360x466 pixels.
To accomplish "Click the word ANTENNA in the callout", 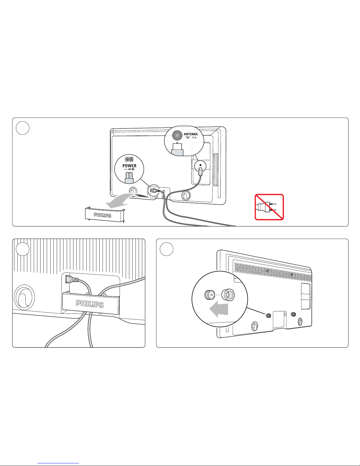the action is click(190, 134).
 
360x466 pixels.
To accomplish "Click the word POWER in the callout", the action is click(129, 166).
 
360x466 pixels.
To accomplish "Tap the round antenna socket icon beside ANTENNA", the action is click(177, 135).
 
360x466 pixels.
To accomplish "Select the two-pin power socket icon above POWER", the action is click(129, 159).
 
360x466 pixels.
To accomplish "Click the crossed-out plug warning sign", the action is click(269, 207).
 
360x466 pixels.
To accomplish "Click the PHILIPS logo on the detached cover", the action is click(103, 215).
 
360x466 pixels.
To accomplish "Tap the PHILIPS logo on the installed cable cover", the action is click(90, 304).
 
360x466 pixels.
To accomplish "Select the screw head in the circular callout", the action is click(210, 295).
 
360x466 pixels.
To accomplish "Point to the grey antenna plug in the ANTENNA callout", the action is click(177, 149).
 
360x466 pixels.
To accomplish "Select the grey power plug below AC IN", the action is click(129, 178).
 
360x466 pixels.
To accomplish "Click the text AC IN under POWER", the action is click(131, 169).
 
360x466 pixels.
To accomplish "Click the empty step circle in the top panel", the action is click(23, 128).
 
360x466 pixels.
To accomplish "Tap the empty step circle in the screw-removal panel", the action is click(167, 249).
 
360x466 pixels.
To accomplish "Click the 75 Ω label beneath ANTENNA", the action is click(194, 138).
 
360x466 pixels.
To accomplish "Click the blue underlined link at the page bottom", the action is click(58, 462).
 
